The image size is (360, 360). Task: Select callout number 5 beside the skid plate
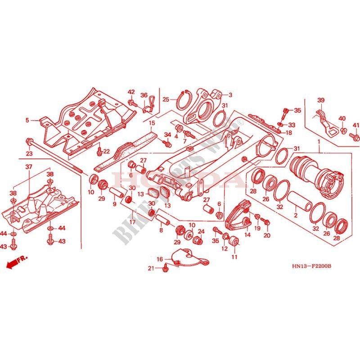point(27,121)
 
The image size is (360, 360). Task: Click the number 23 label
point(29,154)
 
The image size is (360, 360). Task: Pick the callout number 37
point(29,167)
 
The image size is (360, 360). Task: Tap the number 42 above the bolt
point(131,92)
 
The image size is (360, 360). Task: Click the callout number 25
point(166,99)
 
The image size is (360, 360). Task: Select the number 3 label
point(230,95)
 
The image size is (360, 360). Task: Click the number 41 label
point(356,125)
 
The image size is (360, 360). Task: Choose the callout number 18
point(288,133)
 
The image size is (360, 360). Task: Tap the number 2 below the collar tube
point(296,216)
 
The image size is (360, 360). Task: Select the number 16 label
point(160,259)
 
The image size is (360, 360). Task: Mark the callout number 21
point(152,269)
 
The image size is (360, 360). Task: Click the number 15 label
point(152,123)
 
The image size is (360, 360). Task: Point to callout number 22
point(107,151)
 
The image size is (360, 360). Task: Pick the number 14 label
point(247,234)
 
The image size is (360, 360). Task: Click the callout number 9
point(114,204)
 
